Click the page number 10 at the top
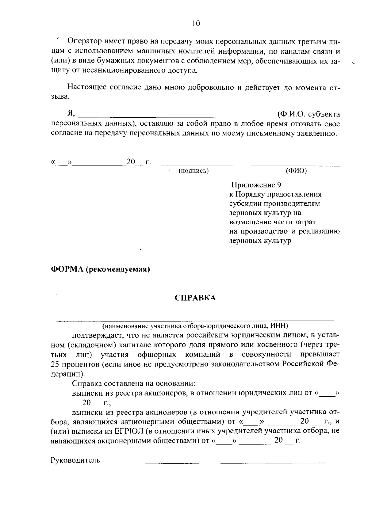point(196,24)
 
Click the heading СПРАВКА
point(195,298)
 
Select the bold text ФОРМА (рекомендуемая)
point(100,269)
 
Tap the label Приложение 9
point(256,185)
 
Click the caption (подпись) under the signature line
point(194,171)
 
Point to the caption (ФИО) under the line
point(296,171)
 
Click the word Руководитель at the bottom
point(75,460)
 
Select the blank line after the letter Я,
point(176,115)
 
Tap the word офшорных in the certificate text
point(157,355)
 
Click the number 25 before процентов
point(54,364)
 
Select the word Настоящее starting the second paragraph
point(87,88)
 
